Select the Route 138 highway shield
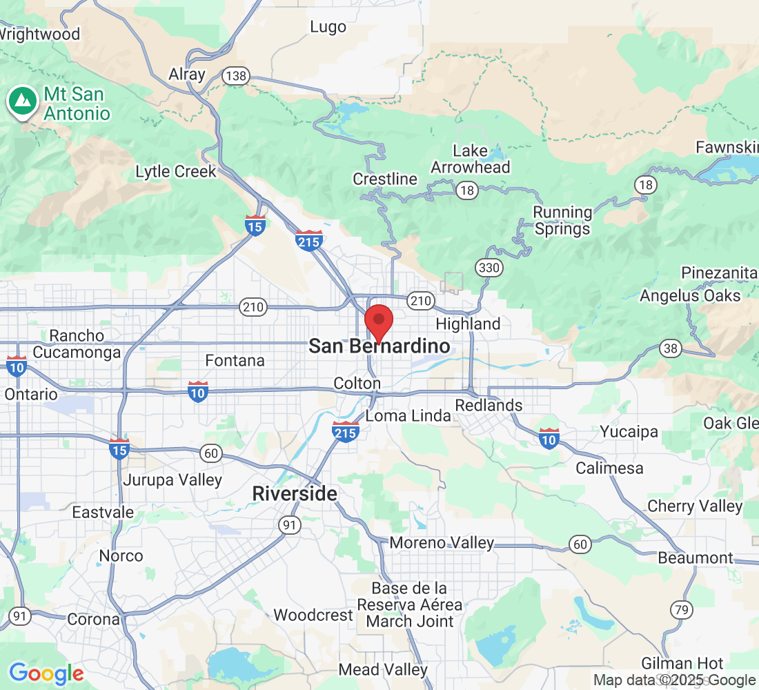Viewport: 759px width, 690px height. point(235,76)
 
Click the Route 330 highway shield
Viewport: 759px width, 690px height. point(489,268)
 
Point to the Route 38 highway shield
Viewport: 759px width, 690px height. point(670,348)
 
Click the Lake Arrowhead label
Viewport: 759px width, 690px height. point(471,159)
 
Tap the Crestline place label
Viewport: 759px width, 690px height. point(385,179)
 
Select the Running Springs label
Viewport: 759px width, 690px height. point(563,221)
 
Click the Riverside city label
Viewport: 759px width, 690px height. point(295,494)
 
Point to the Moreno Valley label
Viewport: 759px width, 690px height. point(442,543)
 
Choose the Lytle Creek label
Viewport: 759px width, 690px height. point(176,172)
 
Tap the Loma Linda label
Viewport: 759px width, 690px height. point(408,416)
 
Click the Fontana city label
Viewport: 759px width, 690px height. point(235,360)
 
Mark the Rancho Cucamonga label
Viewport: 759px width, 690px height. point(77,344)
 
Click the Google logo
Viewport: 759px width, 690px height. point(46,673)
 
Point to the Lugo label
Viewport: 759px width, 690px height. point(328,27)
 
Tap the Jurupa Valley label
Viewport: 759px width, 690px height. point(172,480)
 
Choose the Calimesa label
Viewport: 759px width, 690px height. point(610,468)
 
